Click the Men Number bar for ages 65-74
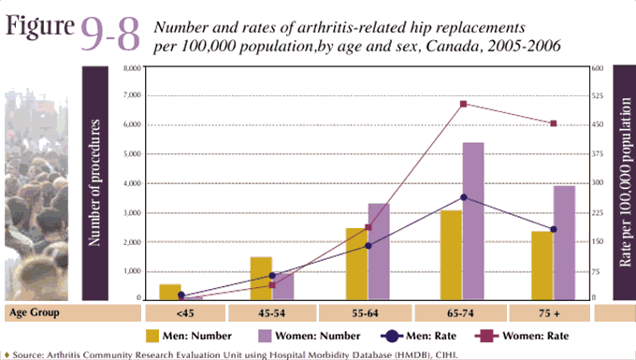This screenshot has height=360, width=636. click(x=451, y=254)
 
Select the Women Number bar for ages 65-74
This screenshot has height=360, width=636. click(x=472, y=221)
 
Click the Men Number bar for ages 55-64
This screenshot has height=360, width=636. click(x=356, y=263)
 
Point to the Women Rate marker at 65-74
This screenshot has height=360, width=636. click(x=463, y=104)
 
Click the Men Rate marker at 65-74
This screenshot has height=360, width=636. click(x=463, y=197)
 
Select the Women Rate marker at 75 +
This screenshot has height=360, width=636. click(x=554, y=123)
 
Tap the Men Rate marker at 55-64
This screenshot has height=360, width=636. click(x=368, y=246)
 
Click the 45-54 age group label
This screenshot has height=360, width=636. click(x=274, y=312)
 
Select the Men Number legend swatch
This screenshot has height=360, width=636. click(x=154, y=334)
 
